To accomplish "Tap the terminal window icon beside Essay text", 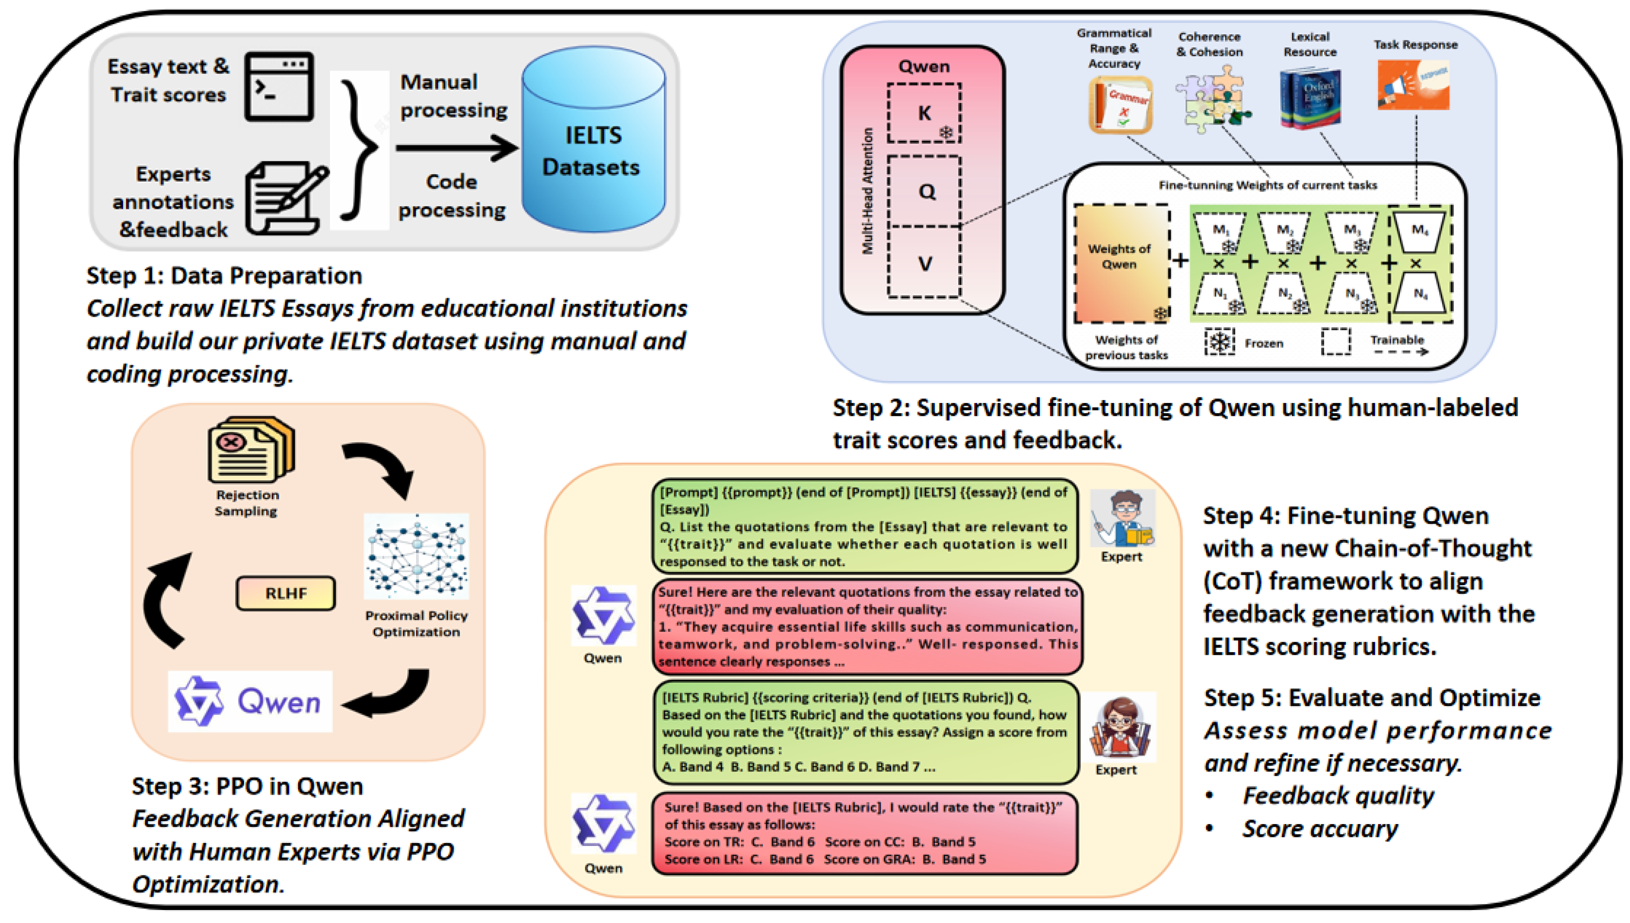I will [x=279, y=86].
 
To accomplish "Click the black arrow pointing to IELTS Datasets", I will [x=457, y=148].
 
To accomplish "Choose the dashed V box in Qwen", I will [x=924, y=263].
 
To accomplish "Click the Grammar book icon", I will [x=1120, y=105].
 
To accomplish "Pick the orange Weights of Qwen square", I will [x=1120, y=263].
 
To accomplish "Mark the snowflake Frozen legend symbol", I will [x=1219, y=343].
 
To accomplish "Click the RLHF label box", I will [x=286, y=593].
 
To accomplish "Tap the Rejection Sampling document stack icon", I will [x=251, y=449].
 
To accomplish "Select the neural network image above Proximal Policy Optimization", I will [x=416, y=556].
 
